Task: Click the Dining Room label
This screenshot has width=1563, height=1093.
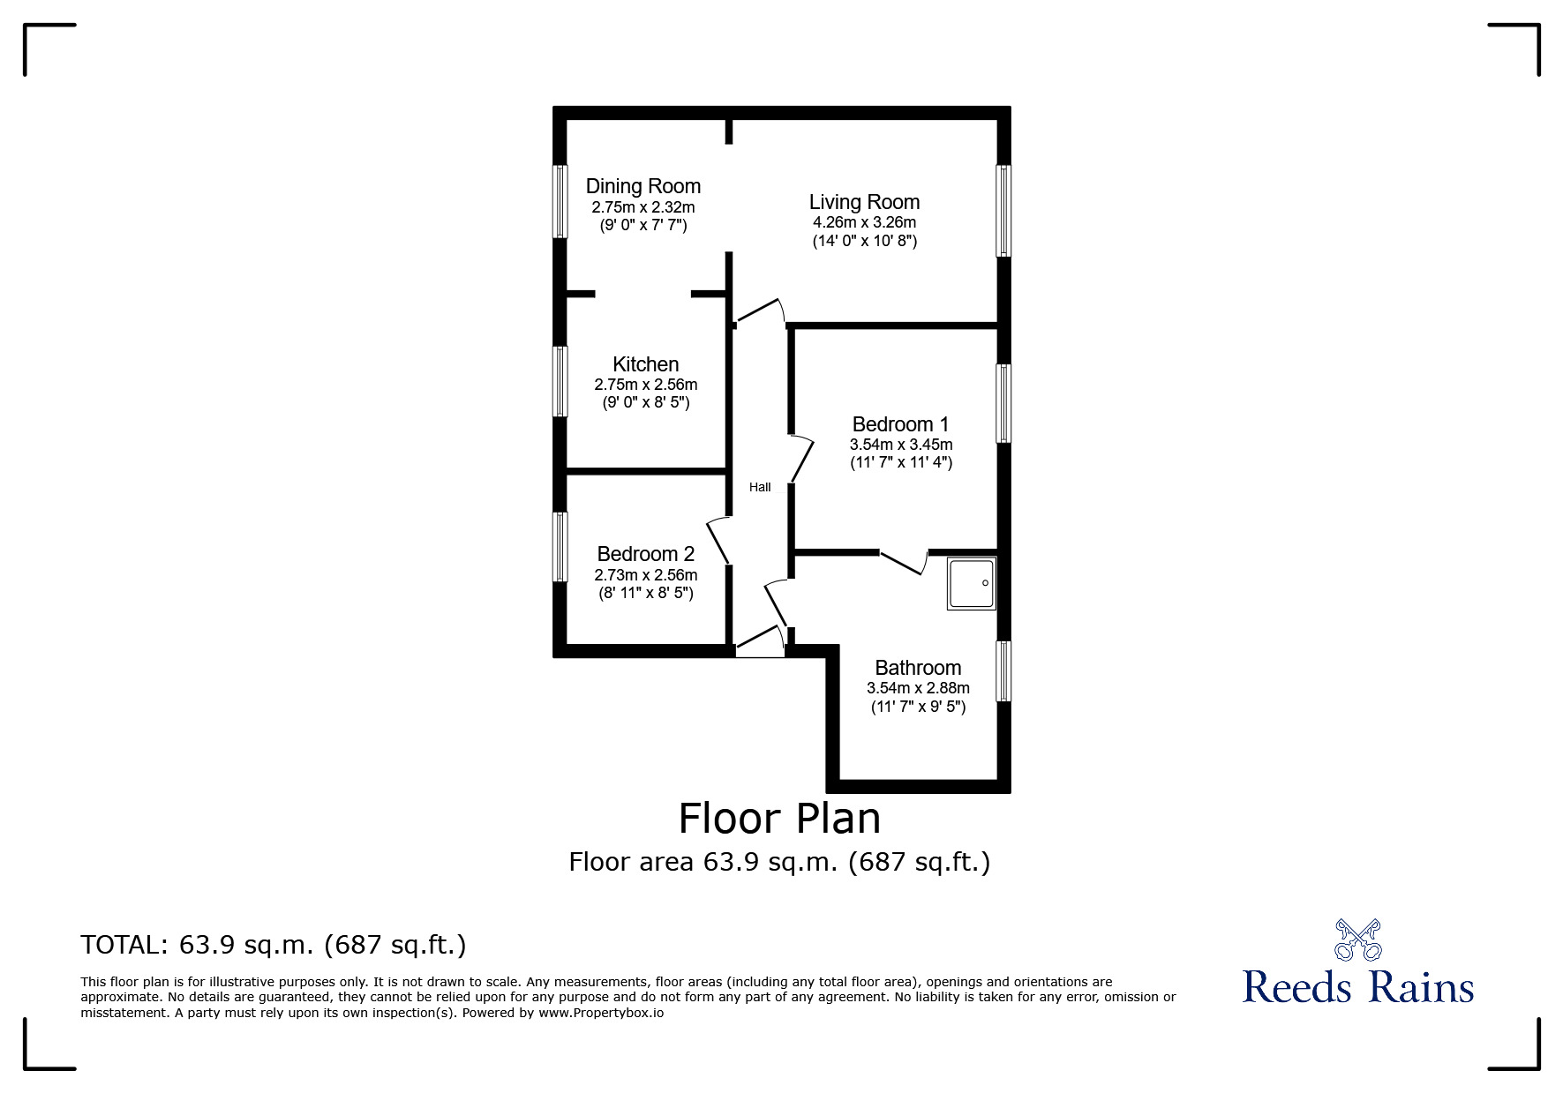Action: pyautogui.click(x=643, y=186)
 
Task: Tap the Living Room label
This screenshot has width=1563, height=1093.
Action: pyautogui.click(x=864, y=203)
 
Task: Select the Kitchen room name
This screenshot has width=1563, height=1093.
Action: pyautogui.click(x=646, y=364)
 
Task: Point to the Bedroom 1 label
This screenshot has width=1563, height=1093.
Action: pyautogui.click(x=900, y=424)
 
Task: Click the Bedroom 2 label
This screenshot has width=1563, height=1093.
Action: pyautogui.click(x=646, y=554)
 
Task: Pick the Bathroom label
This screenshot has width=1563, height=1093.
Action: pyautogui.click(x=918, y=668)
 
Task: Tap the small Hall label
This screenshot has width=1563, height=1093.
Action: pyautogui.click(x=760, y=487)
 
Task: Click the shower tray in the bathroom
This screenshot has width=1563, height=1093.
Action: pyautogui.click(x=972, y=583)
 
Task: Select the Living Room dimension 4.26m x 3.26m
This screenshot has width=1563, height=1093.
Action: pyautogui.click(x=864, y=222)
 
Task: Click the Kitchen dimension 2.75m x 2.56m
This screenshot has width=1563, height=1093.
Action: pyautogui.click(x=646, y=385)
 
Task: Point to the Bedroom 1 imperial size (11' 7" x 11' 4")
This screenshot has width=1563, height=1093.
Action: pyautogui.click(x=901, y=462)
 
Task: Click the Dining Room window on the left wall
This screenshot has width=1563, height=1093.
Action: pyautogui.click(x=560, y=201)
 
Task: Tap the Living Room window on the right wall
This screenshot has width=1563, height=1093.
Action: pyautogui.click(x=1003, y=211)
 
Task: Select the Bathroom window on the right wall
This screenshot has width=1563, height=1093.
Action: pyautogui.click(x=1003, y=671)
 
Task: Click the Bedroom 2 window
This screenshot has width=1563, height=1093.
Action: pyautogui.click(x=560, y=547)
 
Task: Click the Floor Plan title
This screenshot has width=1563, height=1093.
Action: pyautogui.click(x=779, y=819)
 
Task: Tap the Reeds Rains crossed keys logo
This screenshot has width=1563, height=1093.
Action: pyautogui.click(x=1357, y=940)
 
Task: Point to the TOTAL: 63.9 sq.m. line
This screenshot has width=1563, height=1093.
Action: pyautogui.click(x=274, y=945)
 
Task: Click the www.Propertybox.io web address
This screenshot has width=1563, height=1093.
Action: pyautogui.click(x=601, y=1013)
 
